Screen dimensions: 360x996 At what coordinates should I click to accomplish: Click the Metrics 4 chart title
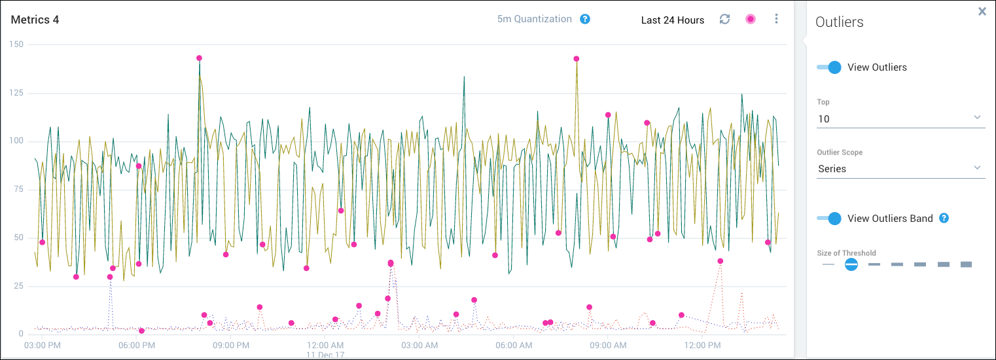pos(35,20)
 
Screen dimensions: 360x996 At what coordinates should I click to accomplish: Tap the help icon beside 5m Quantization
pos(585,19)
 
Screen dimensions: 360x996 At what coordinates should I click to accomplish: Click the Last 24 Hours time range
pos(672,20)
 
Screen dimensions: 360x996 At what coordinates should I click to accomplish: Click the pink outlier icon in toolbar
pos(751,19)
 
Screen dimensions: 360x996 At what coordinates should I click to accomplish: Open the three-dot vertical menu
pos(776,19)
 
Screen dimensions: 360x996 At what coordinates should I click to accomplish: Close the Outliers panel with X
pos(982,11)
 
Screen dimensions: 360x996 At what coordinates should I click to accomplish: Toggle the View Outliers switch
pos(829,67)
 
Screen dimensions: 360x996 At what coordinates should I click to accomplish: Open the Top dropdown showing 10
pos(900,118)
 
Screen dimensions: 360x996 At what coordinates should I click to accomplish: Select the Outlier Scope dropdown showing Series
pos(900,168)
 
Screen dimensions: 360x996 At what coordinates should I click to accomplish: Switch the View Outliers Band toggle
pos(829,219)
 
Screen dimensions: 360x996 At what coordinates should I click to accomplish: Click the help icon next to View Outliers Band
pos(944,218)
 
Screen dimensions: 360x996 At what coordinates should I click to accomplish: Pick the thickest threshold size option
pos(966,264)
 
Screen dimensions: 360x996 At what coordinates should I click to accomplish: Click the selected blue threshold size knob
pos(851,264)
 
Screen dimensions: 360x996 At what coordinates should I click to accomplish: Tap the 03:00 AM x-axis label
pos(419,345)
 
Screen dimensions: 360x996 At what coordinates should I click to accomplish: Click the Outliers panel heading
pos(839,22)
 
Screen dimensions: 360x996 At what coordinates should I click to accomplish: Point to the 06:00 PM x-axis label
pos(137,345)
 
